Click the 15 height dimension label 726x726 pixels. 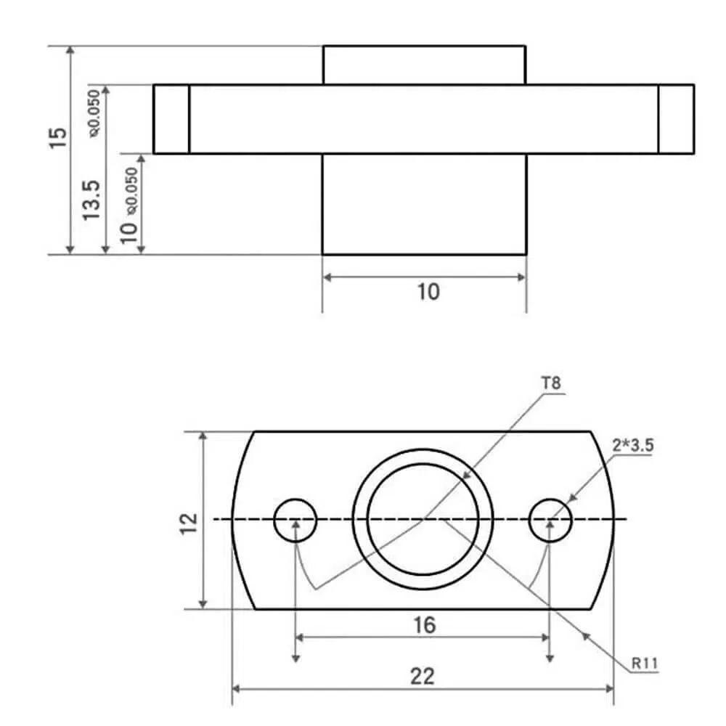coord(58,138)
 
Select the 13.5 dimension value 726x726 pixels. coord(91,200)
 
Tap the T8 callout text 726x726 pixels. coord(551,383)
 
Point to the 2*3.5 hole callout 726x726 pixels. coord(633,446)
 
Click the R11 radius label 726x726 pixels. coord(645,664)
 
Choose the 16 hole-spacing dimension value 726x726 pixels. coord(424,625)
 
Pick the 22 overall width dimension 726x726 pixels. coord(423,677)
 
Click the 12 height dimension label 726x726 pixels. coord(189,523)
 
